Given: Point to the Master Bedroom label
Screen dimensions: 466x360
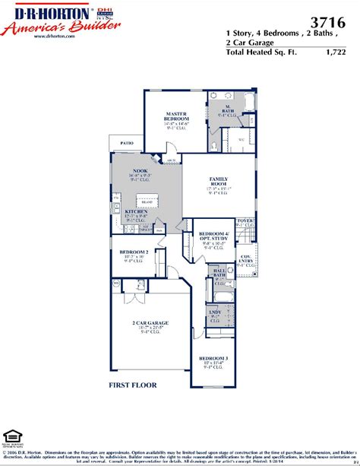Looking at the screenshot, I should pyautogui.click(x=177, y=117).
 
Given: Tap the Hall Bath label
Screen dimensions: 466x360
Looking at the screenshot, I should pyautogui.click(x=219, y=273).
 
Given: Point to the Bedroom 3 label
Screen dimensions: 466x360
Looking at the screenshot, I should pyautogui.click(x=213, y=358).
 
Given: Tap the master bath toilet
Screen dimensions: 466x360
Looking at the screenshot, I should pyautogui.click(x=216, y=141).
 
